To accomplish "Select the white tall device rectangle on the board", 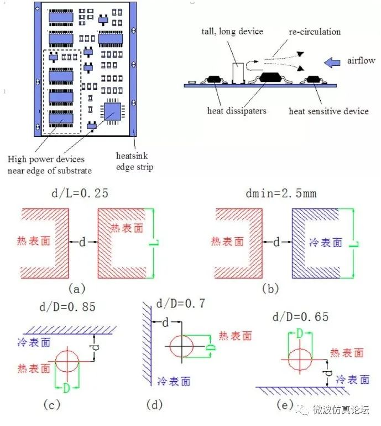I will point(238,73).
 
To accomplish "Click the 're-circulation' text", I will point(314,32).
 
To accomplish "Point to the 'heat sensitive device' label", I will point(328,111).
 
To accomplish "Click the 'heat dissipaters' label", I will point(236,111).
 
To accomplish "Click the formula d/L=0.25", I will point(82,194).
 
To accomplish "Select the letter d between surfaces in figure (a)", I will point(83,242).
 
